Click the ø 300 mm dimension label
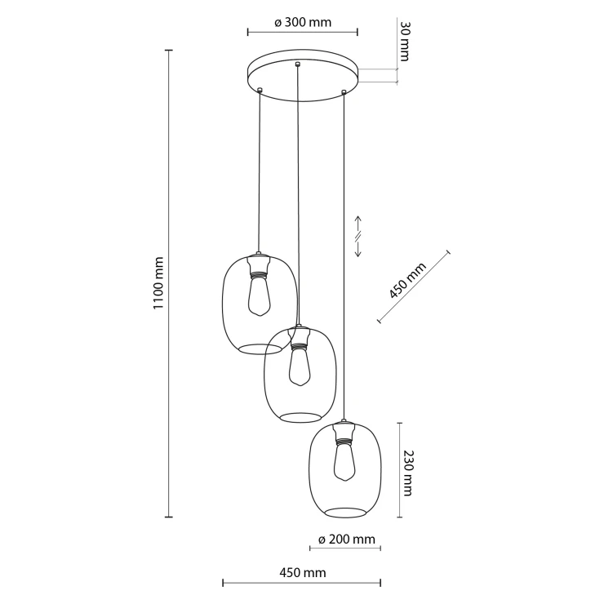point(303,22)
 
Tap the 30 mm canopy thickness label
point(404,41)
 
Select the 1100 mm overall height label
point(159,283)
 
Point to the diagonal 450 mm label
point(407,281)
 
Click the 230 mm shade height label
point(406,473)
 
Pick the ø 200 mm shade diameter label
point(347,540)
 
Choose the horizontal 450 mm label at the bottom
point(302,573)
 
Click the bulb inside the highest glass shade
point(260,295)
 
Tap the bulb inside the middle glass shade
point(300,366)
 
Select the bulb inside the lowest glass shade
point(345,461)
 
